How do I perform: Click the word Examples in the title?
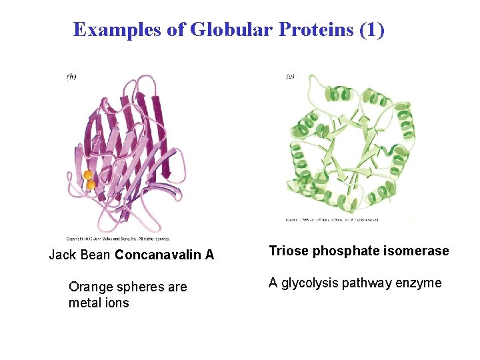(117, 30)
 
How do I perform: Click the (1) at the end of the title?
(372, 30)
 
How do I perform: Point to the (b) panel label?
(71, 77)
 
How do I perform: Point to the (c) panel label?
(290, 77)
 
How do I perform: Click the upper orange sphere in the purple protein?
(87, 175)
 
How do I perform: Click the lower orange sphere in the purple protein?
(91, 185)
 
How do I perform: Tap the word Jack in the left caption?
(63, 255)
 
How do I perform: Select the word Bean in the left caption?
(95, 255)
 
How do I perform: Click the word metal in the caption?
(86, 303)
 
